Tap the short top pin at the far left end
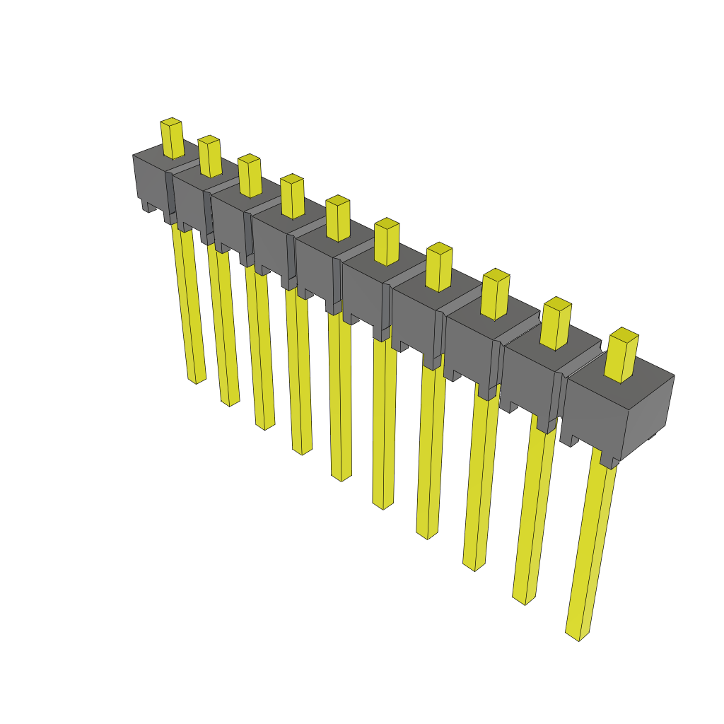172,139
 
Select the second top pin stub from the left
209,157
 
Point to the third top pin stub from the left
250,176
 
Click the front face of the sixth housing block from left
361,291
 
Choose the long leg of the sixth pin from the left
384,424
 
